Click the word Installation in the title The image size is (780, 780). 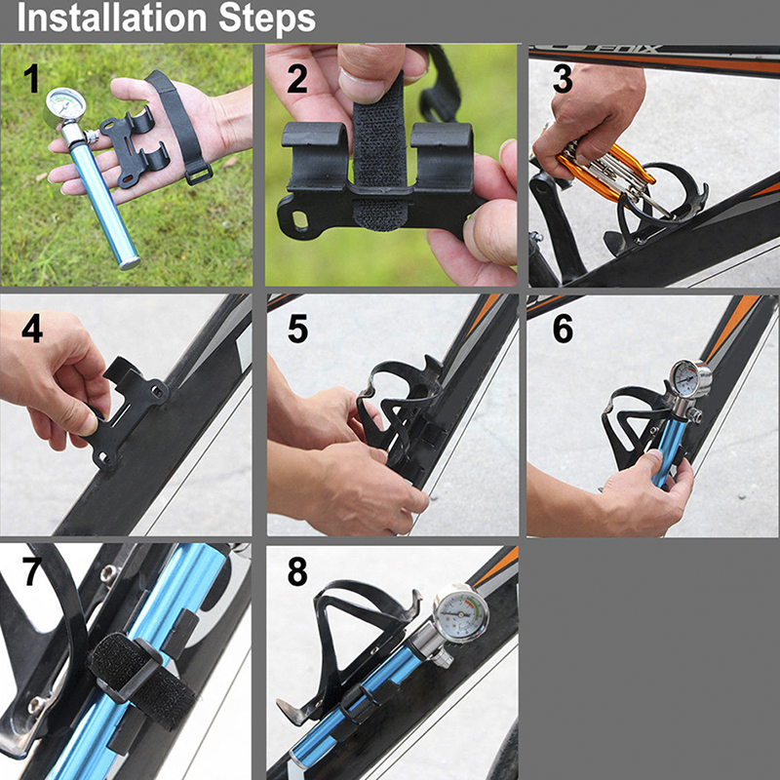pyautogui.click(x=112, y=19)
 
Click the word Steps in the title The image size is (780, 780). pyautogui.click(x=267, y=19)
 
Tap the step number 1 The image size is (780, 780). pyautogui.click(x=32, y=79)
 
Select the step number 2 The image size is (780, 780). pyautogui.click(x=297, y=79)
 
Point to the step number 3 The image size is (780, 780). pyautogui.click(x=563, y=79)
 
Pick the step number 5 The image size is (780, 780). pyautogui.click(x=297, y=329)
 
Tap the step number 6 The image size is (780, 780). pyautogui.click(x=563, y=329)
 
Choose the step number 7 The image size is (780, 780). pyautogui.click(x=32, y=571)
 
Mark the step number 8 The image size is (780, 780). pyautogui.click(x=297, y=571)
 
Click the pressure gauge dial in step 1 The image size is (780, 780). pyautogui.click(x=65, y=104)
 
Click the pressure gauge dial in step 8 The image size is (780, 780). pyautogui.click(x=460, y=614)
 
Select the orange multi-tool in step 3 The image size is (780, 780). pyautogui.click(x=604, y=168)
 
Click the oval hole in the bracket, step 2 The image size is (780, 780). pyautogui.click(x=300, y=218)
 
